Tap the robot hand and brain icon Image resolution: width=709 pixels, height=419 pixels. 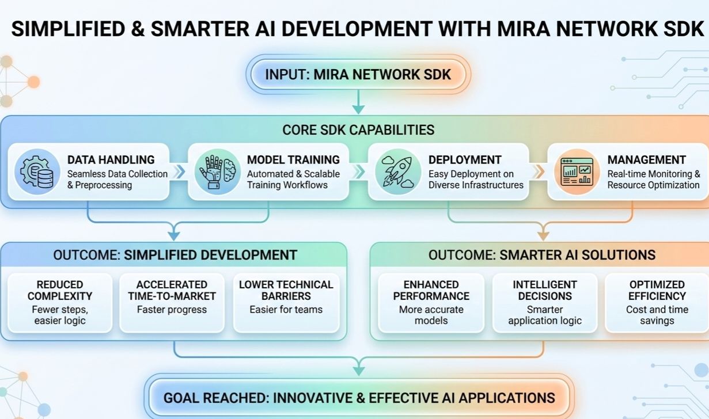[217, 172]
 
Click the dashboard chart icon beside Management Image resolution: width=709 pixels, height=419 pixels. [577, 172]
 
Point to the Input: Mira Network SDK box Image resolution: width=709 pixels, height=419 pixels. [358, 75]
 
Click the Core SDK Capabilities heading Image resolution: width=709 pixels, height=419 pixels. [358, 129]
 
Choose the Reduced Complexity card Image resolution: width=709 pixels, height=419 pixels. [60, 303]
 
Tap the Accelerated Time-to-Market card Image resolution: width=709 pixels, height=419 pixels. [172, 303]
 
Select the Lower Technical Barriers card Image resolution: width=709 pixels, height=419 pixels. [286, 303]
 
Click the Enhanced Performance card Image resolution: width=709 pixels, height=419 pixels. [431, 303]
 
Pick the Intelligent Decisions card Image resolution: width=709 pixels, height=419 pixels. [545, 303]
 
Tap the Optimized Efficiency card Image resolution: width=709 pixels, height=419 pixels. [657, 303]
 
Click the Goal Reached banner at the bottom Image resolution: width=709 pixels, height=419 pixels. [359, 397]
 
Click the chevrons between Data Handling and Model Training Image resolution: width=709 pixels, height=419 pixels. [180, 172]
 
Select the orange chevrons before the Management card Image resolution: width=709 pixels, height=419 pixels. [539, 172]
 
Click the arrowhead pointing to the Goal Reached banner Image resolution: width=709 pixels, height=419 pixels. [358, 367]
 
